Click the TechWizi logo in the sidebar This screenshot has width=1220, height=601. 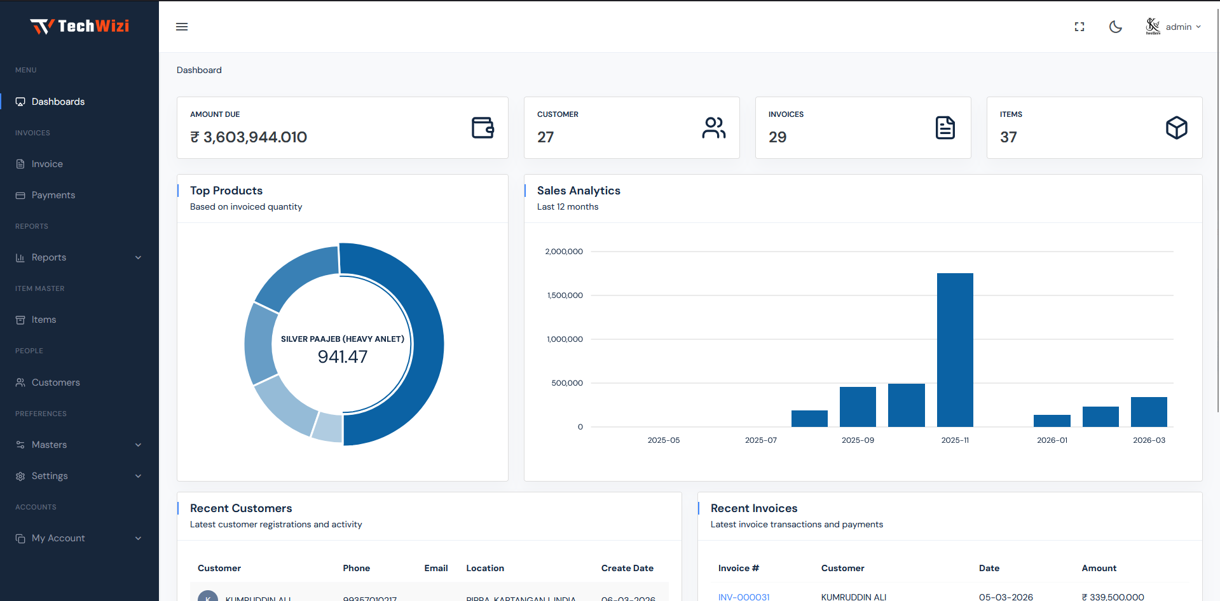point(79,26)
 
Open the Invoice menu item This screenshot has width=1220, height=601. point(47,164)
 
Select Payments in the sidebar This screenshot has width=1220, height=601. point(53,195)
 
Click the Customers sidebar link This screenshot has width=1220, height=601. point(56,382)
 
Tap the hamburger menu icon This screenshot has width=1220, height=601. point(182,27)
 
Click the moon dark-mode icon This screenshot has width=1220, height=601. point(1115,27)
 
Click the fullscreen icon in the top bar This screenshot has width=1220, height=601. point(1079,27)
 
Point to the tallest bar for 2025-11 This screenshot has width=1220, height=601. point(955,349)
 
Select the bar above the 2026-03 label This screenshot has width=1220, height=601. point(1149,412)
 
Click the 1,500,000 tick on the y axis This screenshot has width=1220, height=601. point(565,295)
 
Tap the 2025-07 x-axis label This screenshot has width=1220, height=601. point(761,440)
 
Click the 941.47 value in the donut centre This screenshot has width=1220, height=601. point(343,357)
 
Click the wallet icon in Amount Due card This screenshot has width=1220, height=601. point(483,128)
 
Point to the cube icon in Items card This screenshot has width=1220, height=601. point(1176,128)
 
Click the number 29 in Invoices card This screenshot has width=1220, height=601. point(778,137)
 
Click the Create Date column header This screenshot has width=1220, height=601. point(627,568)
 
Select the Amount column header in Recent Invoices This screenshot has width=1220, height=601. point(1099,568)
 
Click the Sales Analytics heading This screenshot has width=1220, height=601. point(579,191)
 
